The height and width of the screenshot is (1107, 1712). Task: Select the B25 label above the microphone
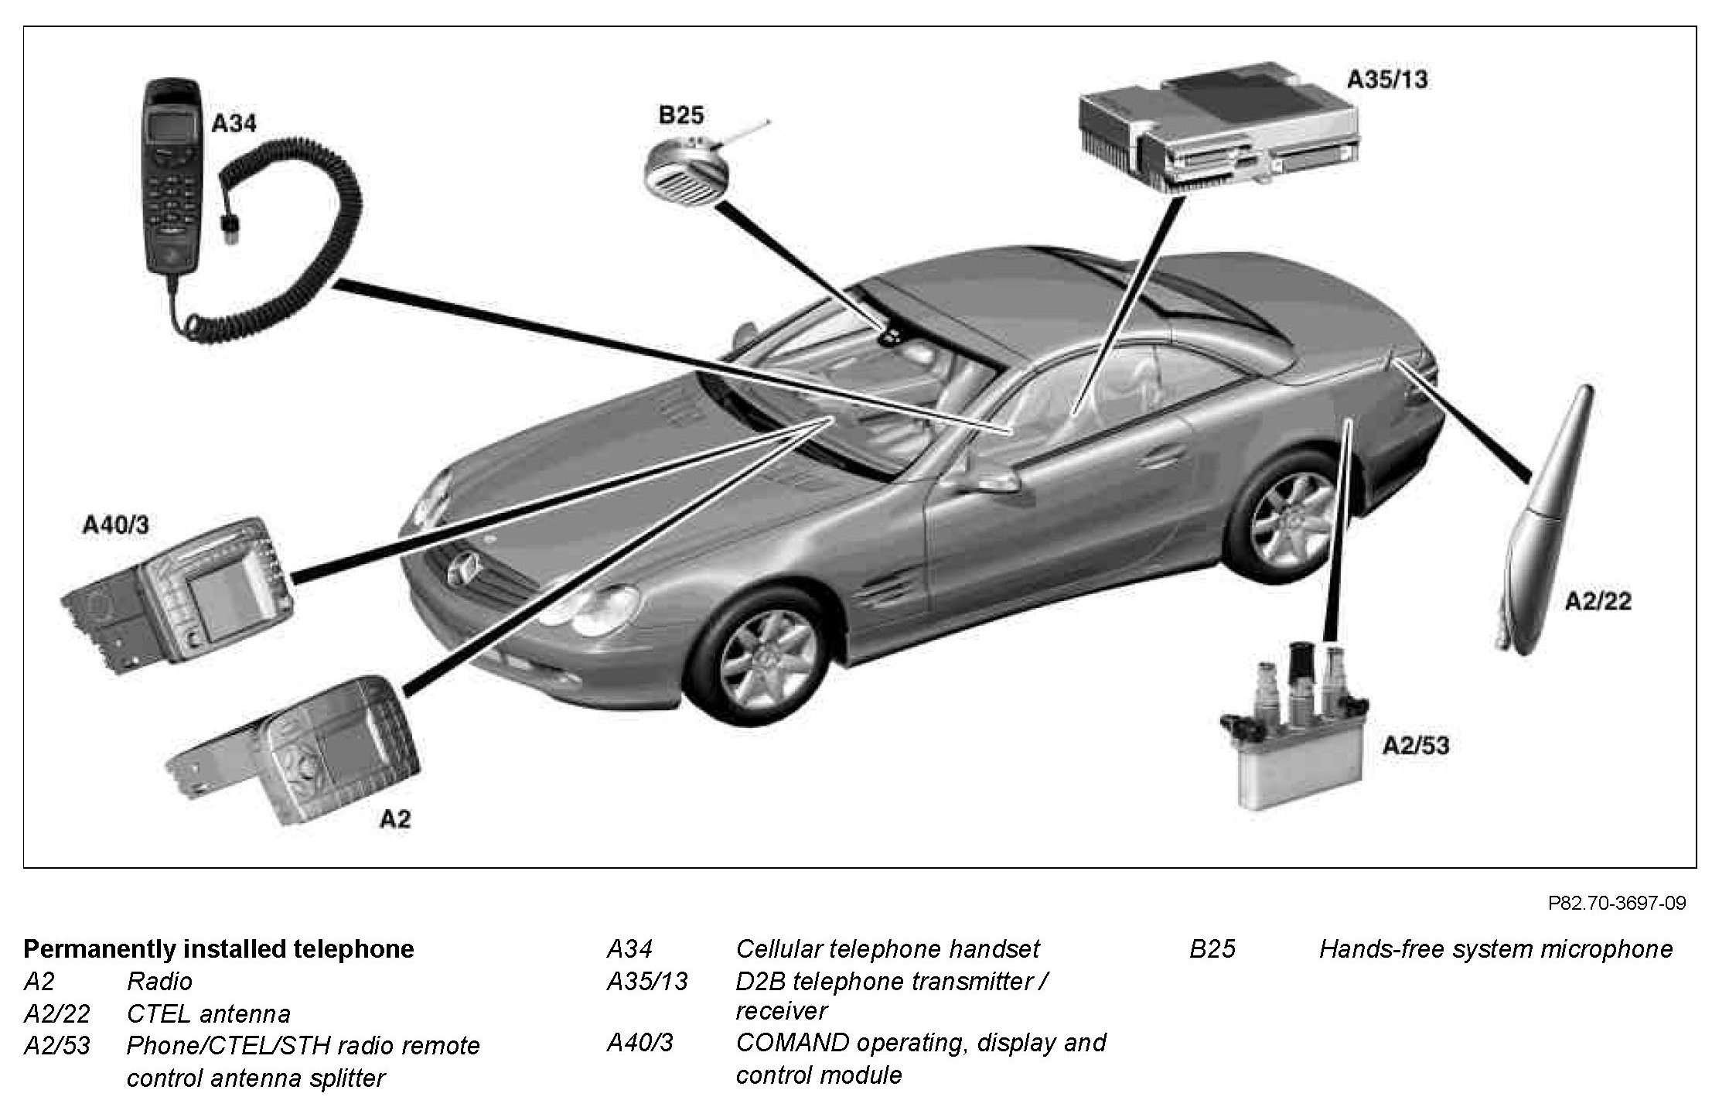[680, 115]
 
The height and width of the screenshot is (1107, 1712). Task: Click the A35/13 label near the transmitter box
[1387, 80]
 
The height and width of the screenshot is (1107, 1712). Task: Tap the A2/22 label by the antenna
[1598, 601]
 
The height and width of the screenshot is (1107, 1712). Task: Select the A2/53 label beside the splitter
[1416, 745]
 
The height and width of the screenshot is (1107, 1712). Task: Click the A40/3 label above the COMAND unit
[116, 526]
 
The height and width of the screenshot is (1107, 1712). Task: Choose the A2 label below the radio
[394, 819]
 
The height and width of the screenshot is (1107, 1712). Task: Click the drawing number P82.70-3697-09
[1616, 903]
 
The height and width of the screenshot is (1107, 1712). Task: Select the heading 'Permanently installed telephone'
[219, 949]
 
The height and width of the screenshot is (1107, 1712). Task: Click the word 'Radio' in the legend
[159, 982]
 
